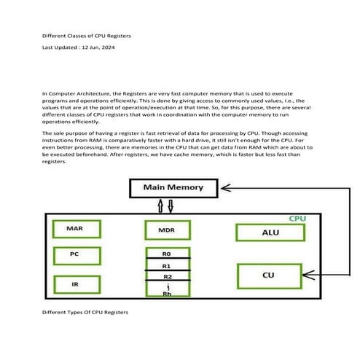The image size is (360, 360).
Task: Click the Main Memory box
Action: [x=173, y=188]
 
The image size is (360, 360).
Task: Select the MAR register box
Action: [x=77, y=229]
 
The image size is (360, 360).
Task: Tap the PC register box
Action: [x=77, y=256]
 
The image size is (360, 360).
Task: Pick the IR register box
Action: [x=77, y=284]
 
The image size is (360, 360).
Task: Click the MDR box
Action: [x=168, y=230]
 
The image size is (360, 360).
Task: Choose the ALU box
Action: [x=270, y=232]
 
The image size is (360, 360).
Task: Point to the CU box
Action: [x=270, y=276]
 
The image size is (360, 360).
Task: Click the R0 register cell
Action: [x=168, y=253]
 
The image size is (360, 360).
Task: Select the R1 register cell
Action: [x=168, y=265]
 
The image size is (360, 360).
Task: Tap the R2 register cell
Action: [x=168, y=275]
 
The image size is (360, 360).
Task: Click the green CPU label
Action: [x=297, y=219]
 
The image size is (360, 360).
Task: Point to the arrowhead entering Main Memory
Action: [x=226, y=188]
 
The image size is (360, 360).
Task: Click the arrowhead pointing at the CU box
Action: [x=308, y=275]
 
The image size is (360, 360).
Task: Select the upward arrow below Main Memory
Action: [x=160, y=206]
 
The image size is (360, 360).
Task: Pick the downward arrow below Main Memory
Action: [x=171, y=206]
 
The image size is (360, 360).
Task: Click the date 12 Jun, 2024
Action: [x=98, y=47]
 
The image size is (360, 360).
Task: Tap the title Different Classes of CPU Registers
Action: [x=87, y=36]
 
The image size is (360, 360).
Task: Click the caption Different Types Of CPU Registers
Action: [x=85, y=313]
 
